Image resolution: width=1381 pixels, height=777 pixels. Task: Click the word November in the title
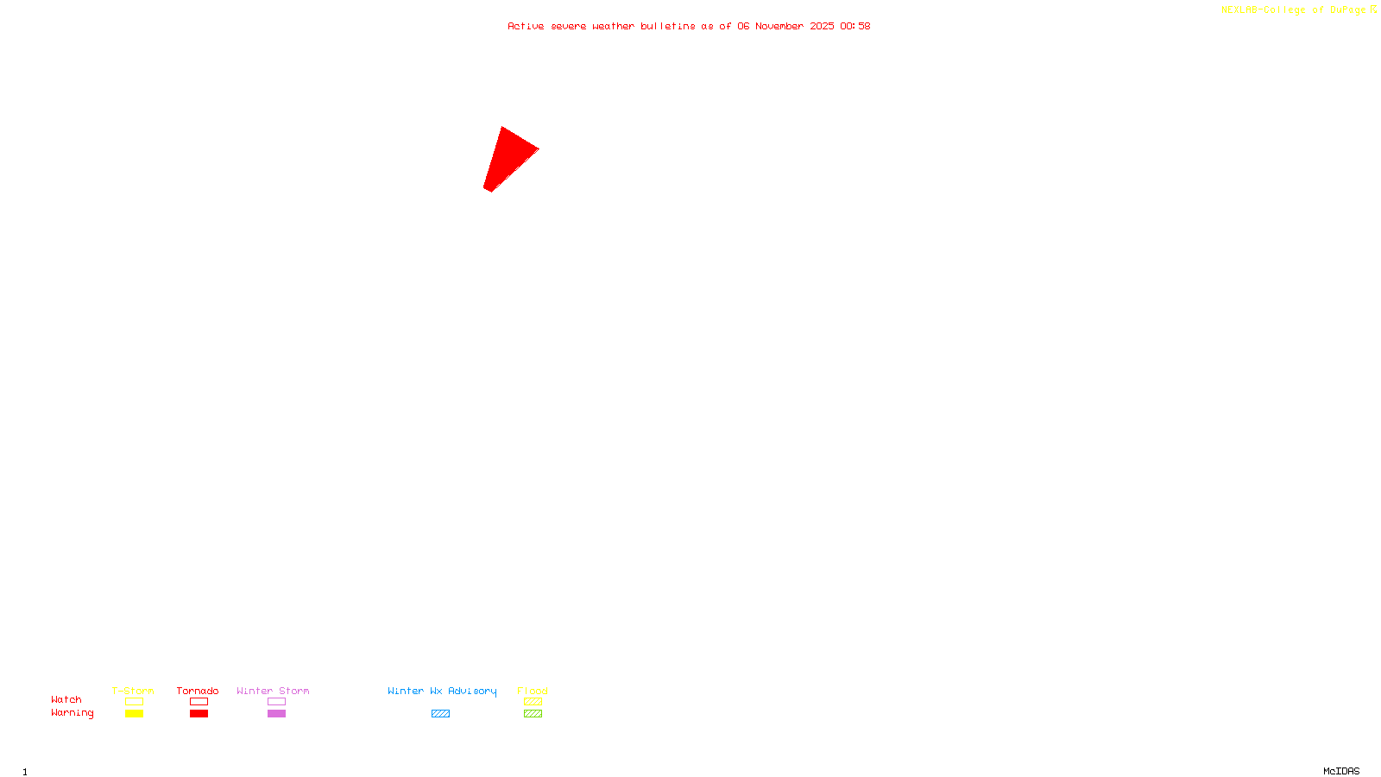click(x=779, y=26)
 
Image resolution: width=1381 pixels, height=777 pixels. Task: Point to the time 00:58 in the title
click(x=854, y=26)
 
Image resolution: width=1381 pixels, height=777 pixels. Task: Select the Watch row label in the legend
click(x=66, y=700)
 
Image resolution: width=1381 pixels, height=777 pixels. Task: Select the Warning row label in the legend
click(x=72, y=713)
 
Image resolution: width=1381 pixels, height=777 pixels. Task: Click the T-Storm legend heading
click(x=133, y=691)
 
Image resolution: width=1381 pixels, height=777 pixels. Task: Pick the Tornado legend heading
click(x=198, y=691)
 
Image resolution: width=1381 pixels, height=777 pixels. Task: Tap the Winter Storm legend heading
click(x=273, y=691)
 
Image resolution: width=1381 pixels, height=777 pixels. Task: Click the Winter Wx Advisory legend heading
click(x=442, y=691)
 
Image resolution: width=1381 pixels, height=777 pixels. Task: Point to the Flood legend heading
click(x=533, y=691)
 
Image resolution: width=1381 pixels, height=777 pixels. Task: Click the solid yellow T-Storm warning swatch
click(x=134, y=714)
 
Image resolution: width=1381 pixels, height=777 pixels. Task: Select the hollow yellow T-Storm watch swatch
click(x=134, y=702)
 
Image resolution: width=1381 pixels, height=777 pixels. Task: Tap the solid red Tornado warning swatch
click(x=199, y=714)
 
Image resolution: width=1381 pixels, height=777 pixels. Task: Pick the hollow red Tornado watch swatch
click(x=199, y=702)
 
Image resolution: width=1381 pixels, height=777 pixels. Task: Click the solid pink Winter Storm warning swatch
click(x=276, y=714)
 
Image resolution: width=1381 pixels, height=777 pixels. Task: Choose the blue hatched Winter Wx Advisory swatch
click(x=440, y=714)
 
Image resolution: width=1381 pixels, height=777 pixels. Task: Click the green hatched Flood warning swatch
click(x=533, y=714)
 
